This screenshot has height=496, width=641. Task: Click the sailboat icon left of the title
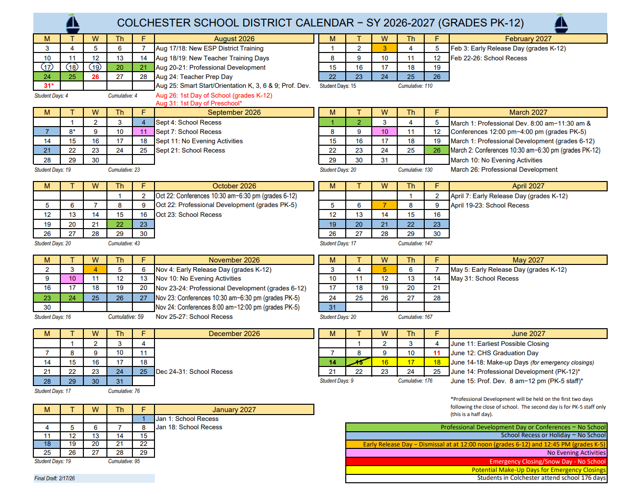(73, 23)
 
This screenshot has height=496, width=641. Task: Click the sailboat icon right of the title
(561, 23)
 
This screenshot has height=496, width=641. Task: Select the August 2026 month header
(234, 39)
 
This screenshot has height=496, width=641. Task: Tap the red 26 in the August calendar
(95, 77)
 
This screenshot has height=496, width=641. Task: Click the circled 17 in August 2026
(47, 67)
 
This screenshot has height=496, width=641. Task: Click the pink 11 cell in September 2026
(143, 132)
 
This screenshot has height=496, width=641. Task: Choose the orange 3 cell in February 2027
(385, 49)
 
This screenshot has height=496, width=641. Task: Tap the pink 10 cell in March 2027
(385, 132)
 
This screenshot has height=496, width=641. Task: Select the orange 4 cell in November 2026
(95, 269)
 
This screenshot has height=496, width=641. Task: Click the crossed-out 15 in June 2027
(359, 363)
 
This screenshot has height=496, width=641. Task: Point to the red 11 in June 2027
(436, 353)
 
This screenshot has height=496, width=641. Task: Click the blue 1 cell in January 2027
(143, 419)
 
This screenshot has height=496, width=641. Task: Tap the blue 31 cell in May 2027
(333, 308)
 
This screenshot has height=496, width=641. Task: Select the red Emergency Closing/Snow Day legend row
(476, 462)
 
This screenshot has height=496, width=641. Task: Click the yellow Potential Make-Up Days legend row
(476, 470)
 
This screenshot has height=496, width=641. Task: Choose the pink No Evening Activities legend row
(476, 453)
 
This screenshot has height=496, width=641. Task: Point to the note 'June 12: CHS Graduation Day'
(494, 353)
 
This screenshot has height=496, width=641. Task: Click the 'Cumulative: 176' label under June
(415, 381)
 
